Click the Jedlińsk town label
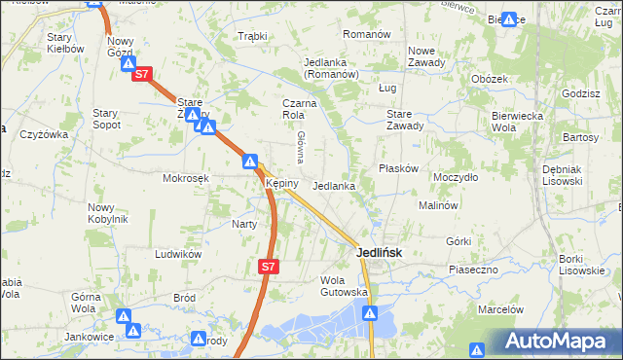[x=380, y=252]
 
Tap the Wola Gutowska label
[x=344, y=286]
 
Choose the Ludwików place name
[x=177, y=253]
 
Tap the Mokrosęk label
[x=186, y=179]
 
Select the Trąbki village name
[x=252, y=36]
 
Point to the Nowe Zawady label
[x=426, y=56]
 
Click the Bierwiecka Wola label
[x=516, y=121]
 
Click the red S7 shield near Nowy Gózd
[x=142, y=73]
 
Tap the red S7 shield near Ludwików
[x=270, y=265]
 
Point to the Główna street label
[x=302, y=146]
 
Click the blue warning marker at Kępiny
[x=250, y=162]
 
